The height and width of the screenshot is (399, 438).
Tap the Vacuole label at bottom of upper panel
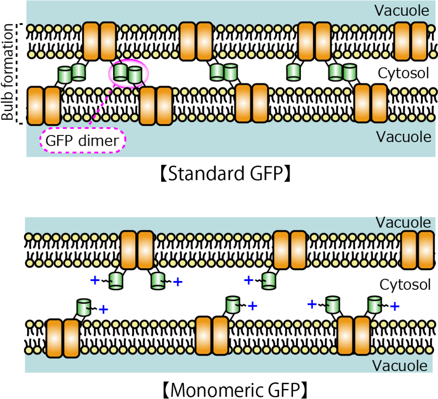coord(403,137)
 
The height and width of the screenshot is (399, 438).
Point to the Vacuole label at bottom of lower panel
coord(399,365)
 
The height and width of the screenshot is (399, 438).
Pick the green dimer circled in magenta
coord(128,73)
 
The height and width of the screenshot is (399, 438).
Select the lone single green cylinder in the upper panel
coord(293,72)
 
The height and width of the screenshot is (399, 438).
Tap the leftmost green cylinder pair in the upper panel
coord(71,73)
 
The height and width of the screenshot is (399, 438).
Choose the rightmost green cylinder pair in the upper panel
coord(342,72)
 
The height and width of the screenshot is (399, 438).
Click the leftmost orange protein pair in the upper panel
coord(44,106)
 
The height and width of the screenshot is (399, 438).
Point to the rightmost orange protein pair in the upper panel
coord(410,41)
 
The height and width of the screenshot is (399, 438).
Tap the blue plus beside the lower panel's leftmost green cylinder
coord(103,310)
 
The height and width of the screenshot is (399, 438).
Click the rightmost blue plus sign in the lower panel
coord(395,306)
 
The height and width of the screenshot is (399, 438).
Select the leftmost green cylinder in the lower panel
coord(84,307)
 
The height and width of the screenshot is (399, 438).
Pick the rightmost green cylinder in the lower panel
coord(374,305)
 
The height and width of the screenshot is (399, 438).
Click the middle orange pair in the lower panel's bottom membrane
coord(212,336)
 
